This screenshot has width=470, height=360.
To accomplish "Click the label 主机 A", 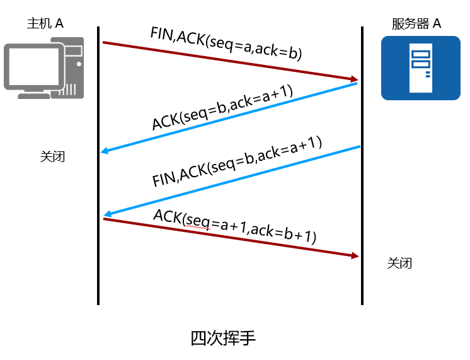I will click(45, 24).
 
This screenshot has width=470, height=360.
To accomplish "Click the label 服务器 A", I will click(416, 25).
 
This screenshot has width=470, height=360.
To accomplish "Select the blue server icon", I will click(420, 67).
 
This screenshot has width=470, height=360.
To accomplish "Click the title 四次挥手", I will click(223, 338).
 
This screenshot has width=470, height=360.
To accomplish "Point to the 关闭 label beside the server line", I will click(399, 263).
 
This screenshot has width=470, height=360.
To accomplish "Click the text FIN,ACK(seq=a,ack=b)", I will click(226, 44).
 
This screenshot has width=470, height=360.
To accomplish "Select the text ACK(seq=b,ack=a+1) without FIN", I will click(222, 107).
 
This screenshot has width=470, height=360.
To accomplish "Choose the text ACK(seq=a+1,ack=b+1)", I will click(234, 226).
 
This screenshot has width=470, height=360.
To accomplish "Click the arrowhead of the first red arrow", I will click(355, 79).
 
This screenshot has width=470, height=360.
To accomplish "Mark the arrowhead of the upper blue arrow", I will click(105, 151).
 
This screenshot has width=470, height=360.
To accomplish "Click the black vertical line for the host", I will click(99, 170).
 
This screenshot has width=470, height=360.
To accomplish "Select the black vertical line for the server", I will click(362, 170).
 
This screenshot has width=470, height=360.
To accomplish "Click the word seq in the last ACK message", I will click(198, 221).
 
